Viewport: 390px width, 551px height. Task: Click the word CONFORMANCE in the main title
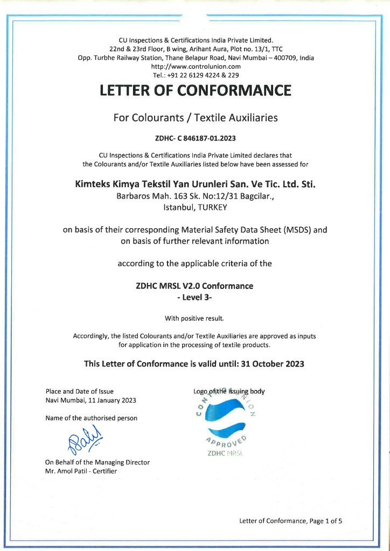click(235, 90)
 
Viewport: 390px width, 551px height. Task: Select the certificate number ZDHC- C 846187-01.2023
click(195, 138)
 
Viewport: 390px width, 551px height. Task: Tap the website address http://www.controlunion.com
click(196, 67)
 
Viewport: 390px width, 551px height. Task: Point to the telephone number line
click(196, 75)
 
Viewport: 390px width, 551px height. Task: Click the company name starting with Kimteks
click(195, 184)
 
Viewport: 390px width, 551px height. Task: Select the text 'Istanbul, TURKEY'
click(195, 207)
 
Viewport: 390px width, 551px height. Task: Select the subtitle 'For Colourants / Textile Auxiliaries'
click(195, 117)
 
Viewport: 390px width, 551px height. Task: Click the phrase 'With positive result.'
click(194, 317)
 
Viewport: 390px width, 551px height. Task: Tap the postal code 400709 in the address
click(285, 58)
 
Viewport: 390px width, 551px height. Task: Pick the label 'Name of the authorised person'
click(92, 418)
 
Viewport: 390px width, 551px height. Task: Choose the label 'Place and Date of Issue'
click(80, 392)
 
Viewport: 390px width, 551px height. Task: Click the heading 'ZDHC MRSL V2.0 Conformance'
click(194, 286)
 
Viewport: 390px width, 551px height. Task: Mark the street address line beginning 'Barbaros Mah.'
click(195, 196)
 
